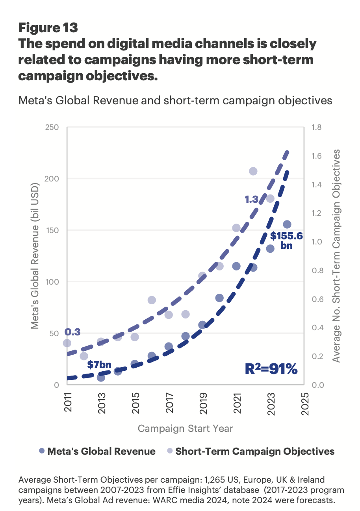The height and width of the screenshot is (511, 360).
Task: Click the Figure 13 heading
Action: pos(48,28)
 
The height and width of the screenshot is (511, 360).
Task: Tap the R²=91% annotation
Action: pos(271,369)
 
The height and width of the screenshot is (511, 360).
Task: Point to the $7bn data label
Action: pos(100,365)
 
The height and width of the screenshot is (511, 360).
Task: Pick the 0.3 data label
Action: pos(72,332)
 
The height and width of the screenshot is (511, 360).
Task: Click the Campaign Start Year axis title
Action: pos(185,428)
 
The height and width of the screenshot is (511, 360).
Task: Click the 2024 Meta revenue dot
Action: pos(287,224)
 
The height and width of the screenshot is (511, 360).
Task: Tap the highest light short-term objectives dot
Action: pos(253,171)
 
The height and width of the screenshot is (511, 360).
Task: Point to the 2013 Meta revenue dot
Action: pos(101,378)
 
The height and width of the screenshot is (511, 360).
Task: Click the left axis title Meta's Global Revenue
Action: pos(36,256)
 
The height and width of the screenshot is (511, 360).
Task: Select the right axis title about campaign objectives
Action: pos(336,256)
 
